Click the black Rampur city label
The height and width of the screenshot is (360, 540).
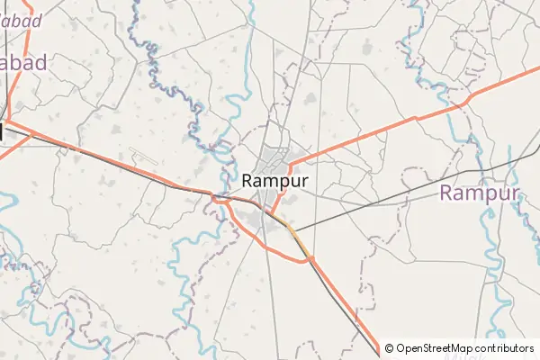[x=275, y=180]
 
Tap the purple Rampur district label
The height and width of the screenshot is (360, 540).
[x=480, y=193]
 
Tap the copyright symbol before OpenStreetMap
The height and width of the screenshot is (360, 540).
[x=389, y=348]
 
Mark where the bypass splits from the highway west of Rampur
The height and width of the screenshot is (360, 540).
[x=225, y=197]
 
